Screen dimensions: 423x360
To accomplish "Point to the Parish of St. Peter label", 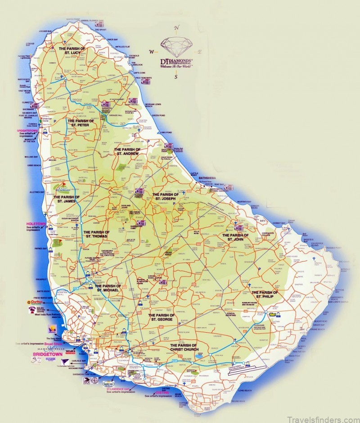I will click(x=81, y=123).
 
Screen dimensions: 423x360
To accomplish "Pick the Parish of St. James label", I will click(x=67, y=199).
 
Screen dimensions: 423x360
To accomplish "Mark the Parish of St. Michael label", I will click(x=108, y=288).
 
